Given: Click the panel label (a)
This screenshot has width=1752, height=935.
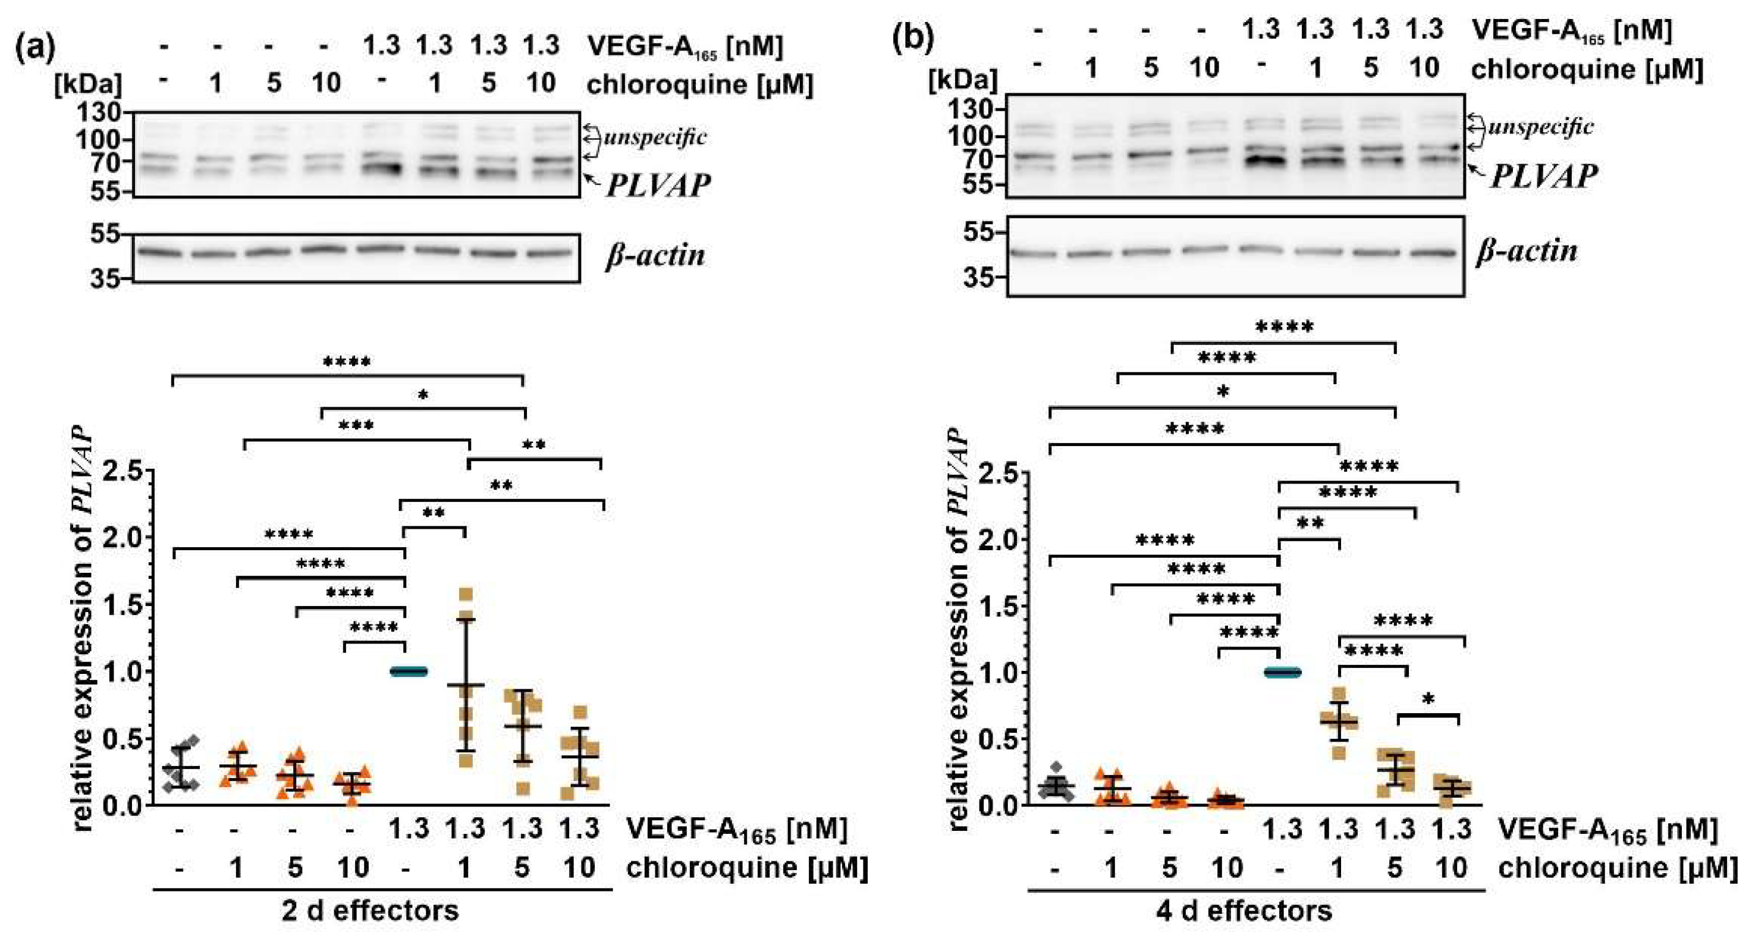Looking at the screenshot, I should point(34,49).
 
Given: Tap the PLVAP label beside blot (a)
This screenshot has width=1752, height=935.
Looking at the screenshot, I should point(658,184).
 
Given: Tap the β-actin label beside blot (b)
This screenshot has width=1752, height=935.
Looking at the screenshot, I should point(1527,251).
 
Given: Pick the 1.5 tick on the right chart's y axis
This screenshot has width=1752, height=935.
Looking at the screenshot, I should point(1002,606).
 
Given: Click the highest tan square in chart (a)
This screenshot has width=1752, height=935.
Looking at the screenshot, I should point(466,594).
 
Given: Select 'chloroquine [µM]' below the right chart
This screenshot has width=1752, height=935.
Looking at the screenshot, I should point(1618,868).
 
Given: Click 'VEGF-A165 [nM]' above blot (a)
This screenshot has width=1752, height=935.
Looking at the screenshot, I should point(685,46).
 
